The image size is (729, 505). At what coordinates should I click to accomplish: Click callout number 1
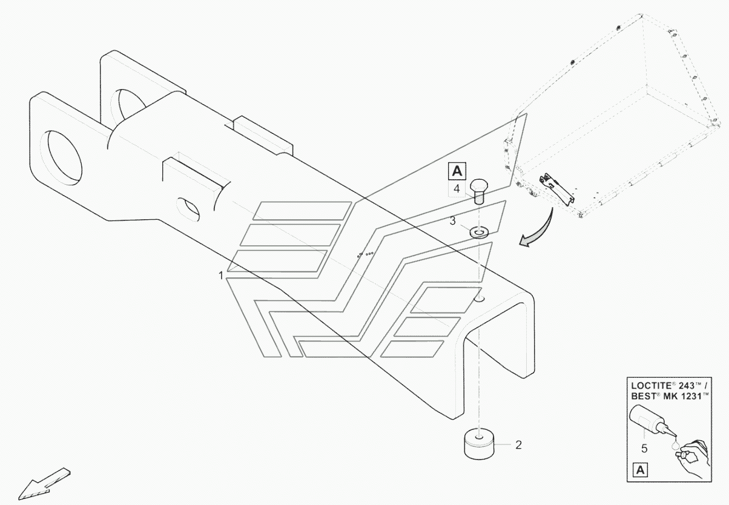pyautogui.click(x=221, y=275)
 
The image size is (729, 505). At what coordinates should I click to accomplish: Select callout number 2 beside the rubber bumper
pyautogui.click(x=518, y=445)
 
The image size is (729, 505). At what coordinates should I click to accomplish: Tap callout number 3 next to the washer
pyautogui.click(x=452, y=221)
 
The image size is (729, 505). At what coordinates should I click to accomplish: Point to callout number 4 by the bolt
pyautogui.click(x=457, y=189)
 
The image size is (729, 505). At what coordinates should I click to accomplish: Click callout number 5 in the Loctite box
pyautogui.click(x=644, y=449)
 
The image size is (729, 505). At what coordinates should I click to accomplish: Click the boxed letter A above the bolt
pyautogui.click(x=457, y=171)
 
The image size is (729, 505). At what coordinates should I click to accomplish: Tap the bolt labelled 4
pyautogui.click(x=478, y=189)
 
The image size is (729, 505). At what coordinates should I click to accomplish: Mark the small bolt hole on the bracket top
pyautogui.click(x=479, y=299)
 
